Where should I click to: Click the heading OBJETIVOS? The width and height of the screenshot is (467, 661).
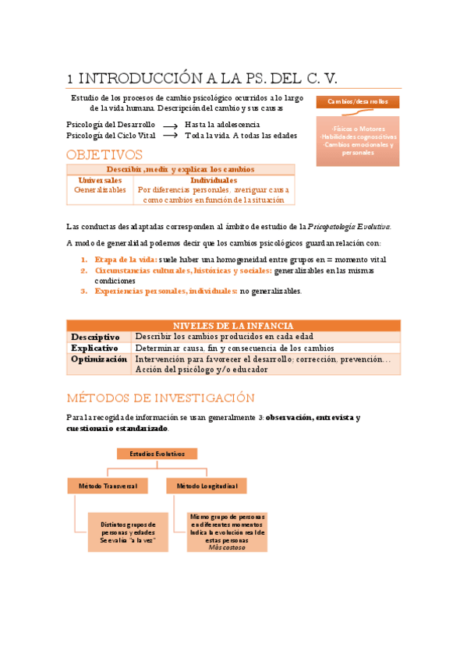pyautogui.click(x=104, y=154)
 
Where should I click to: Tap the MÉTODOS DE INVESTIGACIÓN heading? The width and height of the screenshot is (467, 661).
pyautogui.click(x=161, y=397)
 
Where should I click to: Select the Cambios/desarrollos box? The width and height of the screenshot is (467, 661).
pyautogui.click(x=357, y=102)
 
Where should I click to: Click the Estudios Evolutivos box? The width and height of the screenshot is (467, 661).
pyautogui.click(x=157, y=453)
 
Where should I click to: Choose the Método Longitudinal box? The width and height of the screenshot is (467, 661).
pyautogui.click(x=206, y=486)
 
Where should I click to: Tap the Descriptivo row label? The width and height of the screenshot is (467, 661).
pyautogui.click(x=96, y=337)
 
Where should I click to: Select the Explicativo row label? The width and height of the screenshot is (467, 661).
pyautogui.click(x=95, y=348)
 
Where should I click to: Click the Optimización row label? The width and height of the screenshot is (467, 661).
pyautogui.click(x=99, y=359)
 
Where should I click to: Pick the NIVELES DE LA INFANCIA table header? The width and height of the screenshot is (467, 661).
pyautogui.click(x=233, y=326)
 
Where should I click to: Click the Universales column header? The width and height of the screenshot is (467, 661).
pyautogui.click(x=100, y=180)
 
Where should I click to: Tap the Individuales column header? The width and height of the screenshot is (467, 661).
pyautogui.click(x=214, y=180)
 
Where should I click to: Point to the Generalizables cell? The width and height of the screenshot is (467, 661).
pyautogui.click(x=100, y=189)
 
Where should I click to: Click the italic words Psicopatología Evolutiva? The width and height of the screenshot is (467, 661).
pyautogui.click(x=349, y=227)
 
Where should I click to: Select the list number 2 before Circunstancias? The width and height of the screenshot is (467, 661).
pyautogui.click(x=84, y=270)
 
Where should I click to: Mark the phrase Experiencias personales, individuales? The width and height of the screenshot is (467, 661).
pyautogui.click(x=166, y=291)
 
